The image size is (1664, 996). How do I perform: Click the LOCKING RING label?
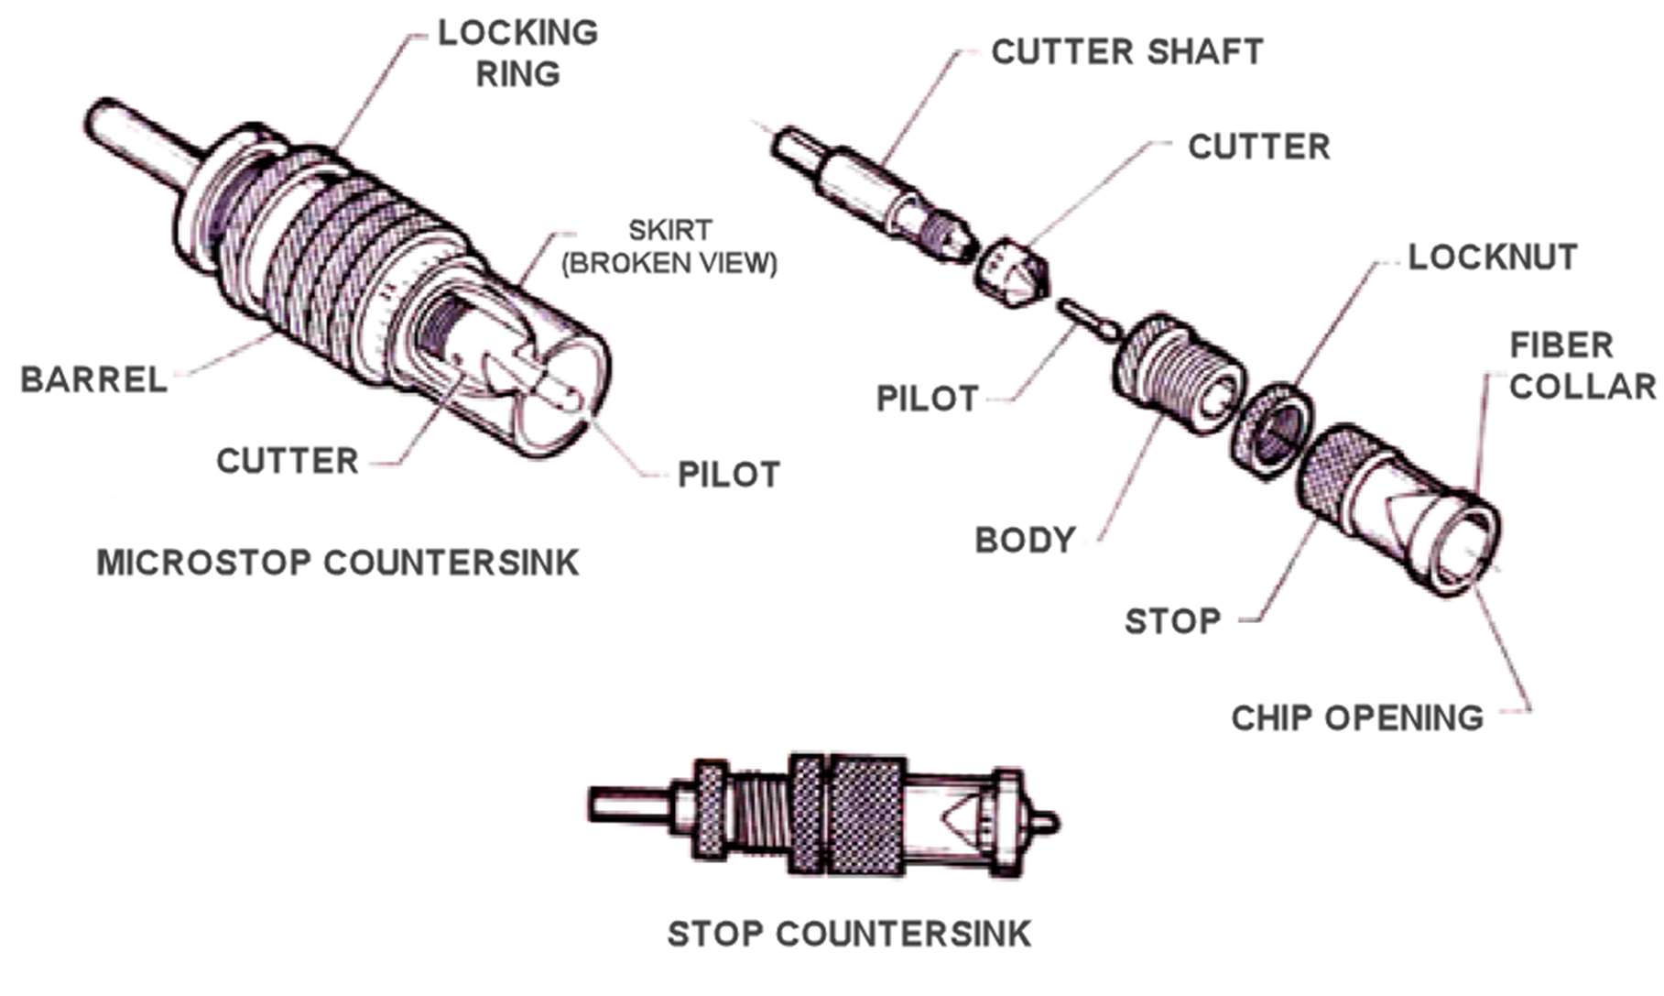[x=517, y=53]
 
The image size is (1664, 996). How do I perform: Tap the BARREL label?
[x=94, y=379]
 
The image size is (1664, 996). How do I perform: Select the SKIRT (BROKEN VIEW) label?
[x=669, y=246]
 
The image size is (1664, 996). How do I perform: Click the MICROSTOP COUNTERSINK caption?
[x=338, y=563]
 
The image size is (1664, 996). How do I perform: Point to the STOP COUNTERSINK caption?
[x=849, y=935]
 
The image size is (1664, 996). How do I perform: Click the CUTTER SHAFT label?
[x=1126, y=52]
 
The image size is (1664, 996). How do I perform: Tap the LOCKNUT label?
[x=1492, y=257]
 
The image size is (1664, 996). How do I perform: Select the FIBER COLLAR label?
[x=1582, y=366]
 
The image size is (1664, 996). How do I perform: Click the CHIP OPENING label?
[x=1356, y=718]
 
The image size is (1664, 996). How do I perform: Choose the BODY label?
[x=1025, y=541]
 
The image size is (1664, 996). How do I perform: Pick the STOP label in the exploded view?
[x=1172, y=622]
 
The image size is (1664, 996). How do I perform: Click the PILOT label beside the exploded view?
[x=928, y=399]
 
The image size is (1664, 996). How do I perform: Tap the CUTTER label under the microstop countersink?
[x=287, y=461]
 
